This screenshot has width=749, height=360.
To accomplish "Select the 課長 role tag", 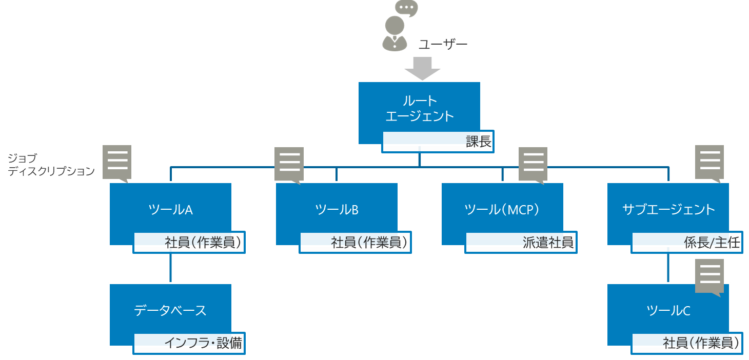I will coord(438,142).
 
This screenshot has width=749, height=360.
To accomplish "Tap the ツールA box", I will coord(170,209).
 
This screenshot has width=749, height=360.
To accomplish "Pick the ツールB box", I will coord(337,209).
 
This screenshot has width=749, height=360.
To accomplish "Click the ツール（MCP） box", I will coord(502,209).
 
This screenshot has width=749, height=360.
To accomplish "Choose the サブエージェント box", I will coord(668,209).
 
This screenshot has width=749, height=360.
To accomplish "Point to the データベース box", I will coord(170,310).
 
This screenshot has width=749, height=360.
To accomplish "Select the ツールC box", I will coord(668,311).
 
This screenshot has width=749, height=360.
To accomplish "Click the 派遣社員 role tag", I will coord(521,243).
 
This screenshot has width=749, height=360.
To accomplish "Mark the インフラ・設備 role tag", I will coord(189,343).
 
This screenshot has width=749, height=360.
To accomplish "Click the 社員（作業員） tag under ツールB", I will coord(356,243).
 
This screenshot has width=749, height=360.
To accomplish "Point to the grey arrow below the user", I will coord(422,68).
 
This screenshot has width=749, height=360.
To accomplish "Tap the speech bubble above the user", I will coord(406,8).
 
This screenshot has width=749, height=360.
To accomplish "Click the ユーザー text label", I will coord(443,45).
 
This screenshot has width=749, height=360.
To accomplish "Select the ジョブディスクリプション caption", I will coord(51,165).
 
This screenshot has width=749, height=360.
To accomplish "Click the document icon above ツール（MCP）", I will coord(533,164).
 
